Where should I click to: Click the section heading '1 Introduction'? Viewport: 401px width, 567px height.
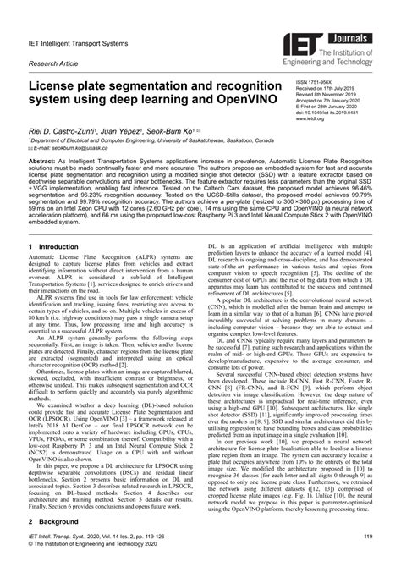[58, 247]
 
